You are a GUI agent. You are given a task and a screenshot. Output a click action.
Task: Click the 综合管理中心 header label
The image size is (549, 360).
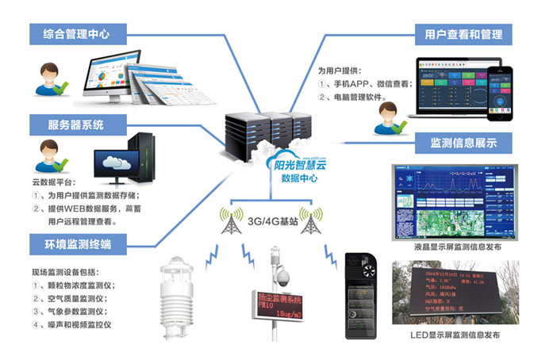(x=79, y=34)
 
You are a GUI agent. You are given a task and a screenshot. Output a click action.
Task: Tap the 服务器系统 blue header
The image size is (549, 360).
(x=75, y=124)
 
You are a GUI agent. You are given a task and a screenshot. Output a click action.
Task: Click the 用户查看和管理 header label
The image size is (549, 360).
(x=463, y=34)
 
